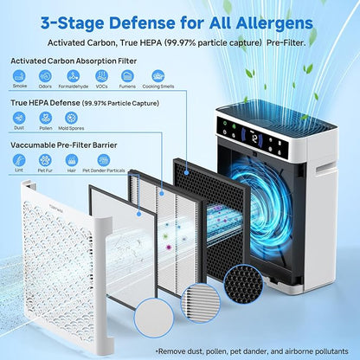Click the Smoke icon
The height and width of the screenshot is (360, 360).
tap(19, 77)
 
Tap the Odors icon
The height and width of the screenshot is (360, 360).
tap(45, 77)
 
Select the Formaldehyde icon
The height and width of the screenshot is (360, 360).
tap(76, 77)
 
